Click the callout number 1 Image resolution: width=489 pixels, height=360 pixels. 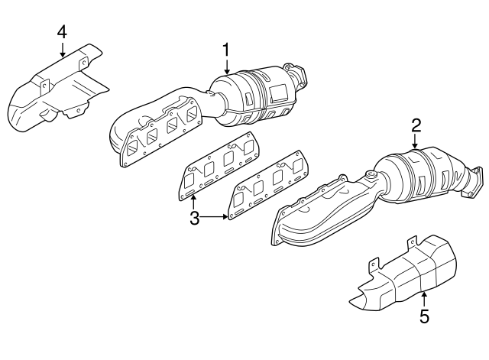pos(226,49)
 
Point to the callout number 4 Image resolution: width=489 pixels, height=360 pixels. pos(62,31)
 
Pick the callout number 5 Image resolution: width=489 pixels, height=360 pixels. pos(424,314)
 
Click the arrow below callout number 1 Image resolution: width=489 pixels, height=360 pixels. pos(226,66)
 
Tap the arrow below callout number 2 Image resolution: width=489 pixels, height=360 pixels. pos(416,140)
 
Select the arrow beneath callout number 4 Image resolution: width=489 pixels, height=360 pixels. pos(62,49)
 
